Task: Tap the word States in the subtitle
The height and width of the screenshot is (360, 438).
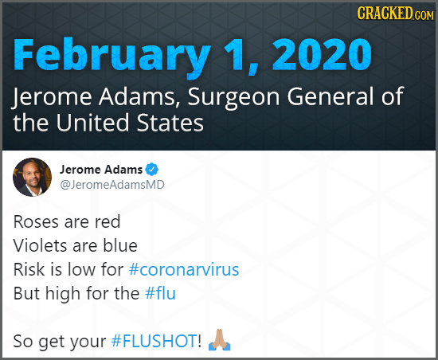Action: [171, 124]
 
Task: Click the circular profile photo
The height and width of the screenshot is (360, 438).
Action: [31, 176]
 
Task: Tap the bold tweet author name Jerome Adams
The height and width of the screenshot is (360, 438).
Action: [101, 170]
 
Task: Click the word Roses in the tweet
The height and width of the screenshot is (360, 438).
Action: [34, 220]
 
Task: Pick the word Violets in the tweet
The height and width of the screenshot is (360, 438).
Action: [39, 244]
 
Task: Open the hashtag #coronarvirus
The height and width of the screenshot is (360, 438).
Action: [183, 268]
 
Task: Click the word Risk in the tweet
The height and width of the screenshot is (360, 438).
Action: [29, 268]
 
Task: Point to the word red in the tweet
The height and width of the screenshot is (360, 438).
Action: [107, 220]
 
